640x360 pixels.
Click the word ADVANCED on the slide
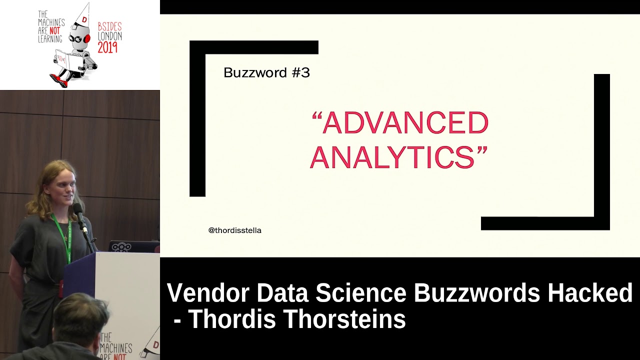point(405,123)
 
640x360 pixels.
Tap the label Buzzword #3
point(266,73)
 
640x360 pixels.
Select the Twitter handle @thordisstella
point(235,230)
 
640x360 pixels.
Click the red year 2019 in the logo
point(107,47)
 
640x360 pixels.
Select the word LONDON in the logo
point(109,36)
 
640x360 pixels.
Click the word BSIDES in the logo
point(110,27)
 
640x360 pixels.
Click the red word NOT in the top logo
point(54,31)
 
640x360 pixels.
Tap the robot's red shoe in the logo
point(58,80)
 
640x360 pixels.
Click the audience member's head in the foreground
point(80,318)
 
